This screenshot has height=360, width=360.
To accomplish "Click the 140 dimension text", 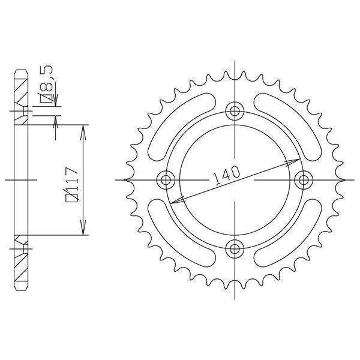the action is click(x=227, y=175).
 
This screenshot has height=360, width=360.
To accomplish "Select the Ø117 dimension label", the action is click(x=73, y=185).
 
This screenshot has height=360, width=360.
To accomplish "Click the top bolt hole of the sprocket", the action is click(x=235, y=111).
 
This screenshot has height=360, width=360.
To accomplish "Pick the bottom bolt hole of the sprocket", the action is click(x=235, y=248).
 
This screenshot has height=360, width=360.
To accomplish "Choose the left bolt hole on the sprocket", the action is click(x=166, y=180).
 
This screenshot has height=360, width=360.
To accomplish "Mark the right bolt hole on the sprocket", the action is click(x=303, y=180).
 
